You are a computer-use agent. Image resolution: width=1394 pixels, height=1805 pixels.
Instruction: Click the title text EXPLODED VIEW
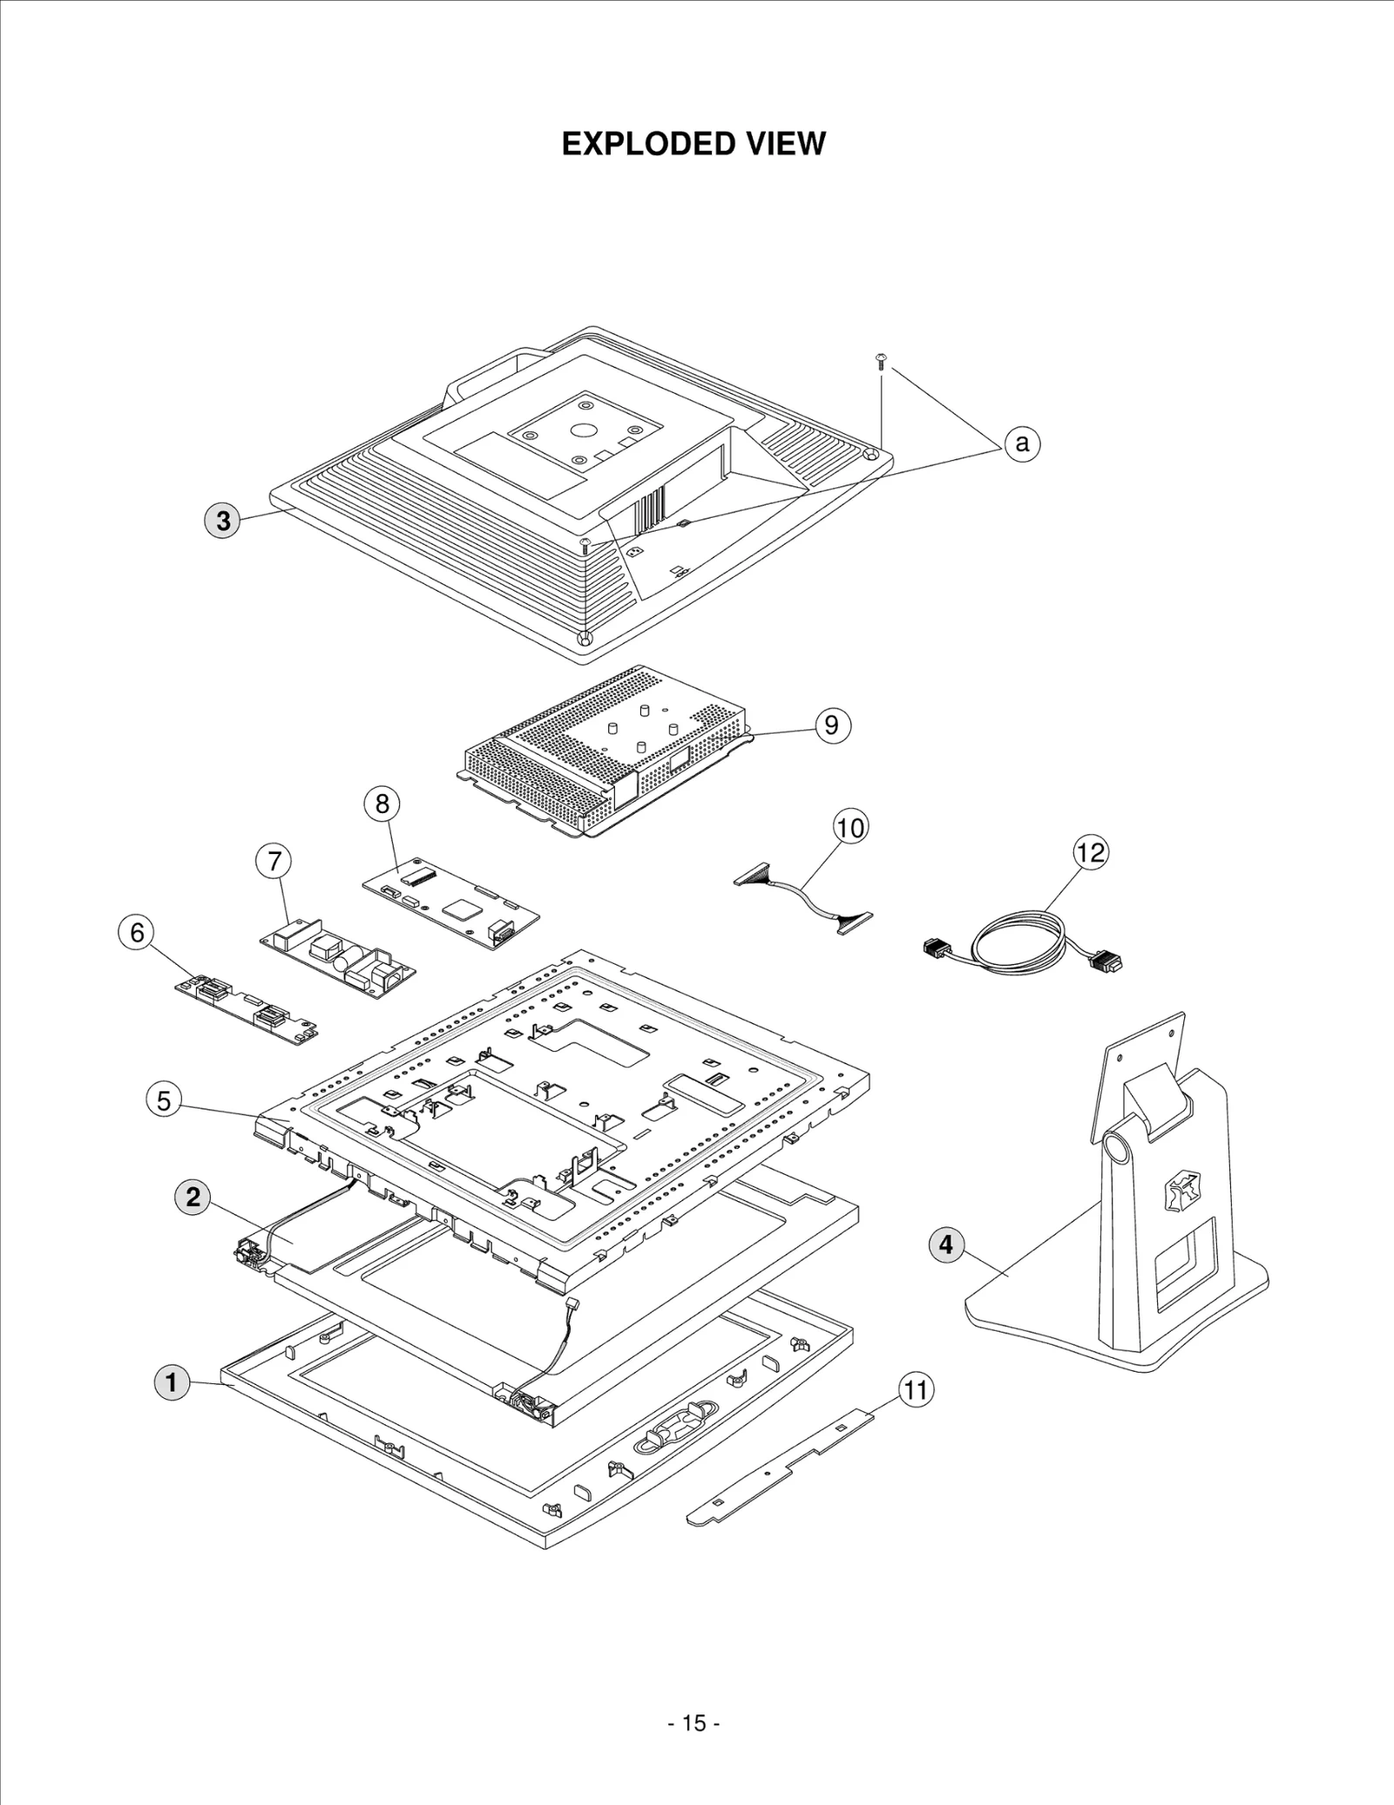pos(694,144)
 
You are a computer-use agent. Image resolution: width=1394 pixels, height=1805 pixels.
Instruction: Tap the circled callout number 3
pos(223,520)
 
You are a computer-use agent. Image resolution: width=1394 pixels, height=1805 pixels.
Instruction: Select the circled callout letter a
pos(1022,444)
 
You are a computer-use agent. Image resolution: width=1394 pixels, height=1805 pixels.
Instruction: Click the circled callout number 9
pos(831,725)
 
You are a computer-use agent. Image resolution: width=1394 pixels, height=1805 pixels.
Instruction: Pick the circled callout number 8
pos(382,803)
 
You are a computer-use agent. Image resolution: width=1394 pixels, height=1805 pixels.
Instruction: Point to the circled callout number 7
pos(274,861)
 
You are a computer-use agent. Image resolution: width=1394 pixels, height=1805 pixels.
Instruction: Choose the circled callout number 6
pos(137,933)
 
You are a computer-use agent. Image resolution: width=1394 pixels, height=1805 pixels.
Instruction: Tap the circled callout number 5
pos(164,1101)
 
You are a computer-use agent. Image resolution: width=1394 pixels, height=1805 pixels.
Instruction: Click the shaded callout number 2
pos(193,1197)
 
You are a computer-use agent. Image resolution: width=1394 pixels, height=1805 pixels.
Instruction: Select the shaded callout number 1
pos(172,1382)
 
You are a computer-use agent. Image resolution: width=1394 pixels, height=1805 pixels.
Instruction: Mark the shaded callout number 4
pos(947,1245)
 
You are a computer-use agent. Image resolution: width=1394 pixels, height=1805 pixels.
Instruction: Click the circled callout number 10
pos(850,827)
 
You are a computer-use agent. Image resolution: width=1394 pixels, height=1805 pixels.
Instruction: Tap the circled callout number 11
pos(915,1389)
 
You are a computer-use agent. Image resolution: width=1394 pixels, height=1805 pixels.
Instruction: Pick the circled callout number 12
pos(1090,852)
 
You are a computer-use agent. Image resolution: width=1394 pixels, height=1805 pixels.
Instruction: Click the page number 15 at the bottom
pos(694,1723)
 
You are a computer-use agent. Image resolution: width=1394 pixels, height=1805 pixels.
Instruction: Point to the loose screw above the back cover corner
pos(880,360)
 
